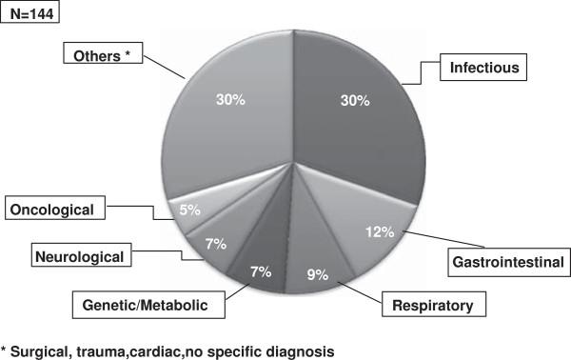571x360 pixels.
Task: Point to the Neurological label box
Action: pyautogui.click(x=82, y=255)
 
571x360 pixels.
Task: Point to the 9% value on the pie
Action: pyautogui.click(x=317, y=275)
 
